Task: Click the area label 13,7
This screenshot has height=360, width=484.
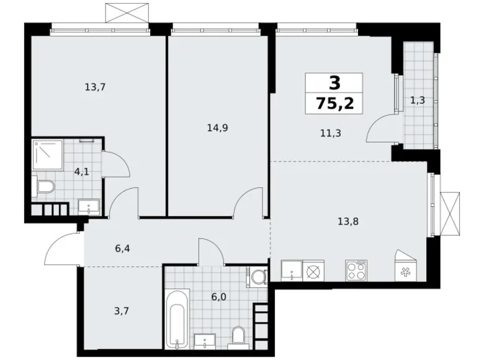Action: (x=95, y=88)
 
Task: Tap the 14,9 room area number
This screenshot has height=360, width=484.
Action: (x=217, y=128)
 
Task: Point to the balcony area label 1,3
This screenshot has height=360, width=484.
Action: (x=418, y=100)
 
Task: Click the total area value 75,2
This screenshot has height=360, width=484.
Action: (x=335, y=103)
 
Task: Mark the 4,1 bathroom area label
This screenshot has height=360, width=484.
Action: (x=82, y=172)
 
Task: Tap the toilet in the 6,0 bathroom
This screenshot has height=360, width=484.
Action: (x=238, y=336)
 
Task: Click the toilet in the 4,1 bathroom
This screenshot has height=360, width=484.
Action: (x=44, y=187)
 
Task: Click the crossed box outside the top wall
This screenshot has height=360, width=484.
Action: (x=127, y=12)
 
